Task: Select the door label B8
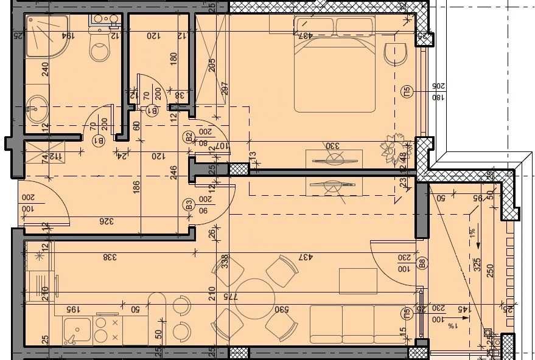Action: pyautogui.click(x=421, y=264)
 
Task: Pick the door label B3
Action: pyautogui.click(x=189, y=204)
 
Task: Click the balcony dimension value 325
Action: pyautogui.click(x=478, y=265)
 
